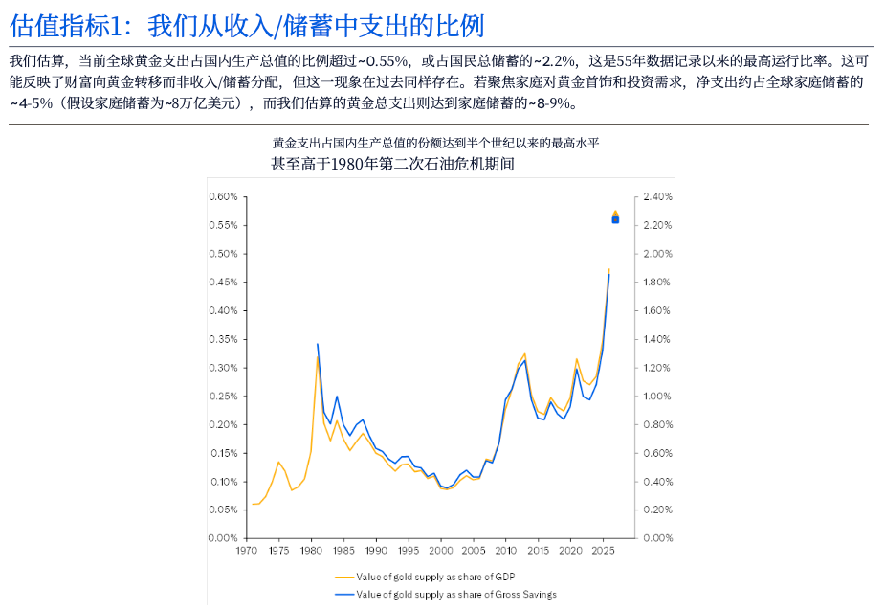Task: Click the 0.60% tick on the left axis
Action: click(223, 196)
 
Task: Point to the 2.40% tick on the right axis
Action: click(659, 196)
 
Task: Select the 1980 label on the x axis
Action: click(311, 551)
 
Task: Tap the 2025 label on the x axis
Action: click(603, 551)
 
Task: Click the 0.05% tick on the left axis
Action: click(223, 510)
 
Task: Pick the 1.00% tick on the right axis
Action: click(659, 396)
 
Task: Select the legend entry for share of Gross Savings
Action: click(445, 595)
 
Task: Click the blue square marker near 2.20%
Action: click(615, 220)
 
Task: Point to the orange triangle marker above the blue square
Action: click(615, 213)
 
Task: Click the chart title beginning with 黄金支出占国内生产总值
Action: click(435, 143)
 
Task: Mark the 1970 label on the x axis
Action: click(246, 551)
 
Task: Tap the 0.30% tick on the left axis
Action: click(223, 368)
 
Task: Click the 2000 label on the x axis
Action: click(441, 551)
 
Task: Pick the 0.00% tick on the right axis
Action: click(659, 538)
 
